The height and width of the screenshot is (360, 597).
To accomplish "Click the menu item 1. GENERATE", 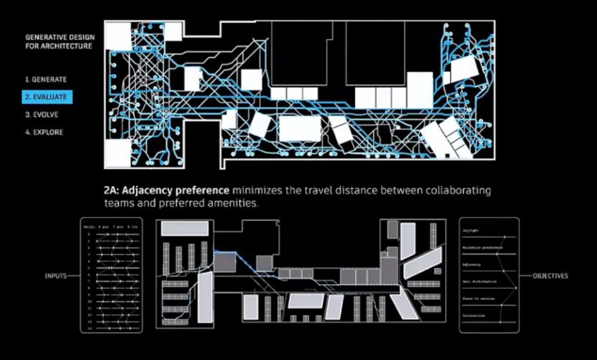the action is (x=46, y=79).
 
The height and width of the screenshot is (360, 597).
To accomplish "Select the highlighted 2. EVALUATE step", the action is (x=47, y=97).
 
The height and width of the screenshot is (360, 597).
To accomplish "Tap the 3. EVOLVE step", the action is (x=43, y=114).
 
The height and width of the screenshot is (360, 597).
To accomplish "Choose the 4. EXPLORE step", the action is (x=44, y=132).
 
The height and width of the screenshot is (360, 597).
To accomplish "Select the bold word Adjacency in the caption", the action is (x=145, y=190).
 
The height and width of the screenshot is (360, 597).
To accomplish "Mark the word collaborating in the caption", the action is (x=458, y=190).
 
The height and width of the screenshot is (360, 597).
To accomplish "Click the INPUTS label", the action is (x=55, y=276).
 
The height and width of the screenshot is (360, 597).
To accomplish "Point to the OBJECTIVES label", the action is (x=551, y=276).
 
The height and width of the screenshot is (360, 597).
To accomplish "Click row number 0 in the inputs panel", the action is (x=89, y=234).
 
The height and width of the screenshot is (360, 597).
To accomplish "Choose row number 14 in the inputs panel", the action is (x=90, y=329).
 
